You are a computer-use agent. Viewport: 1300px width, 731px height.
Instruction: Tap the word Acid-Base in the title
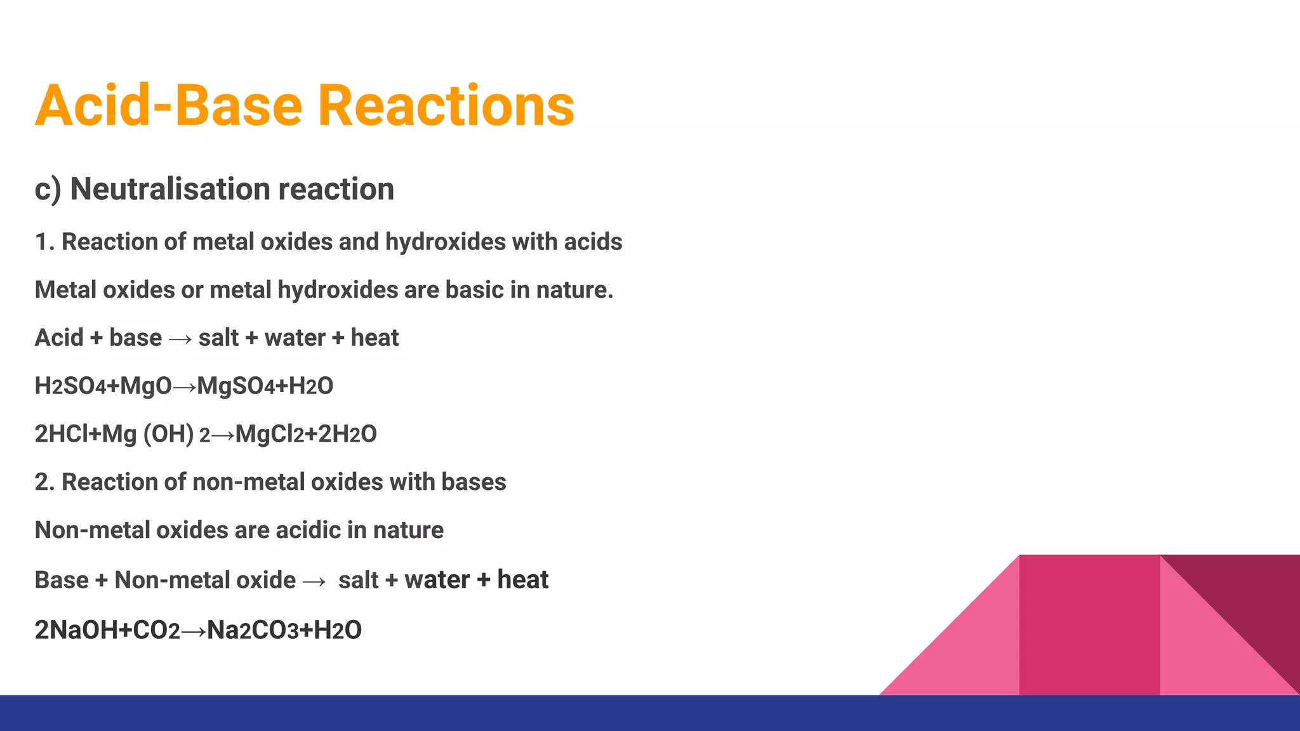pos(168,106)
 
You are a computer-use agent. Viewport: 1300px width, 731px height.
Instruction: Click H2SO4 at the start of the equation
pos(70,386)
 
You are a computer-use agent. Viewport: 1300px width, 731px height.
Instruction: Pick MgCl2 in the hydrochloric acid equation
pos(269,435)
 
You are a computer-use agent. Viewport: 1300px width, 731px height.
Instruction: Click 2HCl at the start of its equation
pos(61,435)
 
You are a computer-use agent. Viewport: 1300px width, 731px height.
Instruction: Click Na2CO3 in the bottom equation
pos(252,631)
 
